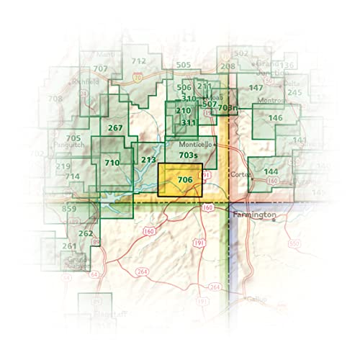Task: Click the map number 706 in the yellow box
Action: point(184,179)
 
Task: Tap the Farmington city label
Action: point(253,215)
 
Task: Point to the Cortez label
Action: point(239,175)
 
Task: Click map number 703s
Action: point(189,156)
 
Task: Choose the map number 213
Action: point(148,160)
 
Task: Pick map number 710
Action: point(112,163)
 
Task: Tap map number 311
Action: point(188,122)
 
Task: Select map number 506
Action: point(184,87)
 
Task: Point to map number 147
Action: point(255,88)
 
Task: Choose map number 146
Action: point(275,117)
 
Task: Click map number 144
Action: point(271,171)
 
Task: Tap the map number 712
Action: point(139,61)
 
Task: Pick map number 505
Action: point(183,65)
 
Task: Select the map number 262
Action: point(86,233)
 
